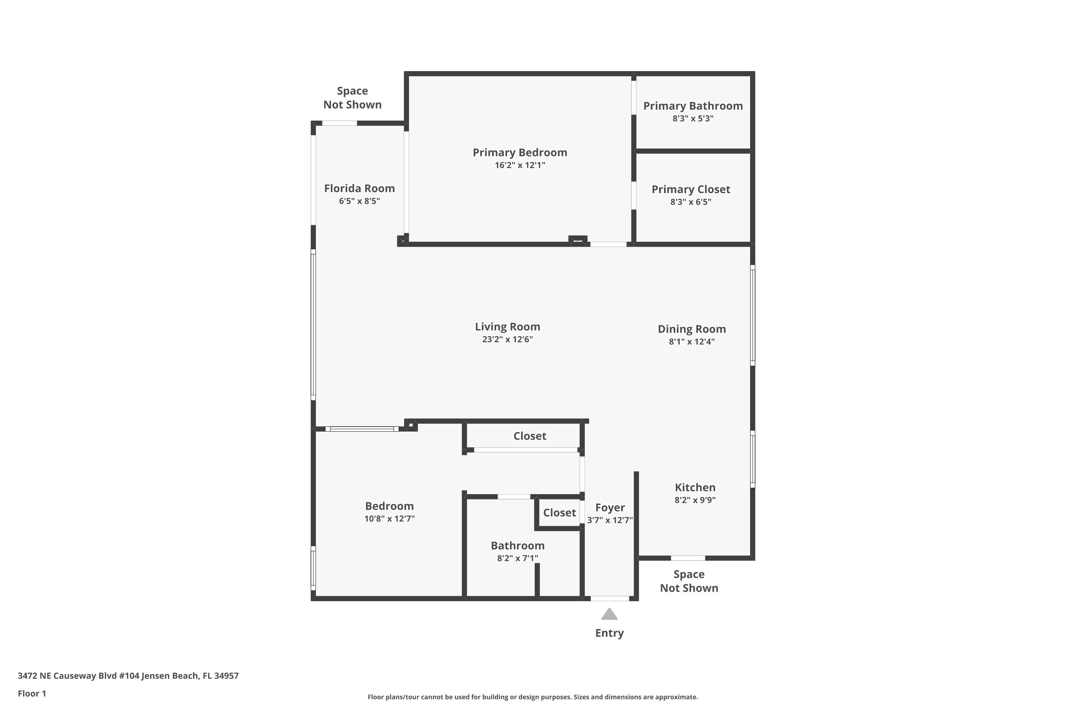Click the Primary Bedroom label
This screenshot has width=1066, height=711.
click(x=520, y=153)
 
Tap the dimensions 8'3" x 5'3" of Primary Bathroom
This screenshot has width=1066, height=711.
click(x=693, y=119)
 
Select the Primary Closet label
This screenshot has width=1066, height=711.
click(x=691, y=189)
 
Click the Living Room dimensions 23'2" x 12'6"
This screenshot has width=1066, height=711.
click(x=507, y=340)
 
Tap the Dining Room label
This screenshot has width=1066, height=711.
click(x=691, y=329)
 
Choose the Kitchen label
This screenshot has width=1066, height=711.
click(x=695, y=487)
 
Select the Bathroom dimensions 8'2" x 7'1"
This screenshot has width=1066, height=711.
click(x=518, y=558)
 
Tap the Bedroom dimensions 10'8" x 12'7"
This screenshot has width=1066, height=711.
click(x=389, y=519)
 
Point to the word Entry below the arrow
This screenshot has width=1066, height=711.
click(x=609, y=633)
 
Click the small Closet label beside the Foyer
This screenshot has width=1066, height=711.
click(x=559, y=513)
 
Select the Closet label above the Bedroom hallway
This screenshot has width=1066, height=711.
click(x=529, y=436)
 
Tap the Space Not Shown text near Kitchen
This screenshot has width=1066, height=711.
click(x=689, y=581)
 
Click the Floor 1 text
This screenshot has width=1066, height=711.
click(x=32, y=693)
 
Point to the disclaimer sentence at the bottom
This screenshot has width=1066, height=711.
click(x=533, y=697)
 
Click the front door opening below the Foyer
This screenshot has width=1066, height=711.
click(x=610, y=599)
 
